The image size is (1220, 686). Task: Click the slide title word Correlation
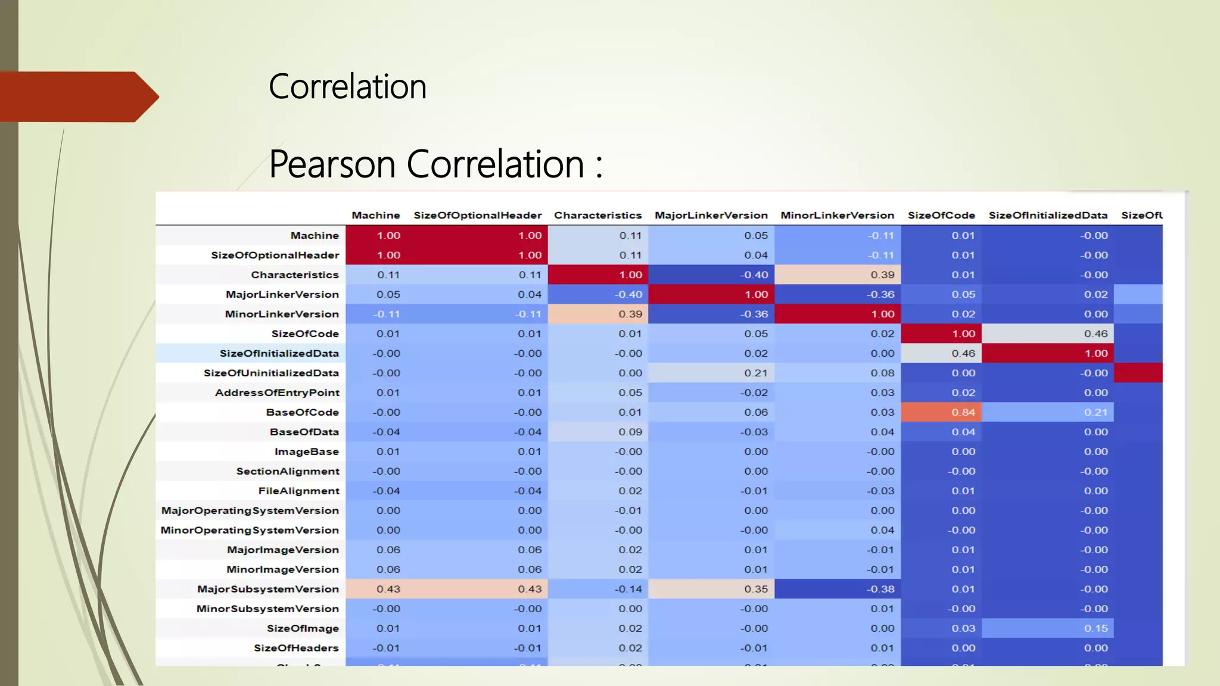(347, 87)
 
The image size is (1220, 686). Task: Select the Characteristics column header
(597, 215)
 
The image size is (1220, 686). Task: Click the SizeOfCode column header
(941, 215)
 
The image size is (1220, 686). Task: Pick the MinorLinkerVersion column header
(837, 215)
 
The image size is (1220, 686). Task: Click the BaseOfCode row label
(302, 412)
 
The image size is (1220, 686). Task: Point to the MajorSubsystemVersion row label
(267, 589)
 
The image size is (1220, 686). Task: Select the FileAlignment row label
(298, 491)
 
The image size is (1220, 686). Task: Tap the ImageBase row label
(306, 451)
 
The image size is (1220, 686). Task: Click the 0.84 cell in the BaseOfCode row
(963, 412)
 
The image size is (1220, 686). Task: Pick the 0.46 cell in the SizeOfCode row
(1095, 333)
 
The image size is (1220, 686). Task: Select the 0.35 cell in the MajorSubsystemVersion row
(755, 589)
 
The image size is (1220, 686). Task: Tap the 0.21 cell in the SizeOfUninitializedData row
(755, 373)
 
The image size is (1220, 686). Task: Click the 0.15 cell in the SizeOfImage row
(1095, 628)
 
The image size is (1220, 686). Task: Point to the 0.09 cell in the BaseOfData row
(630, 432)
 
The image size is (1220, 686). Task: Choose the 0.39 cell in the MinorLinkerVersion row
(630, 314)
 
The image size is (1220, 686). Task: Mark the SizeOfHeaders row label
(295, 648)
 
